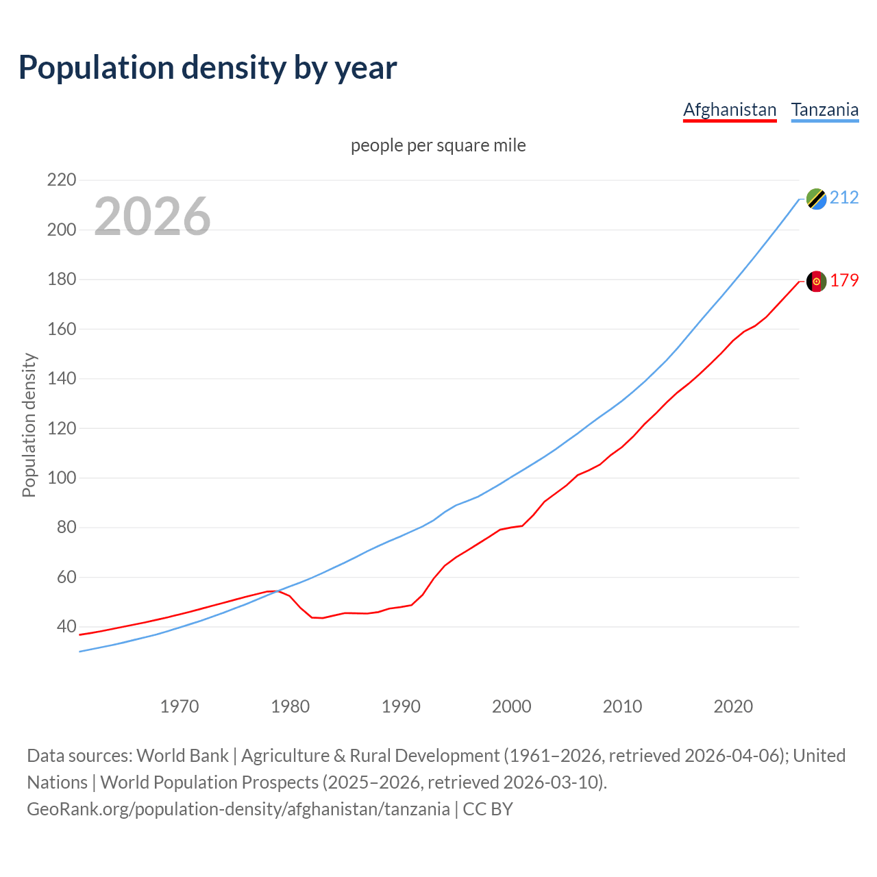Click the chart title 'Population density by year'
click(208, 68)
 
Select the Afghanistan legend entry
click(730, 110)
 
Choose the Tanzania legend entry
click(825, 110)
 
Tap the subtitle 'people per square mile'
click(438, 146)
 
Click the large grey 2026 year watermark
click(152, 217)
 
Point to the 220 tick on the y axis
click(62, 180)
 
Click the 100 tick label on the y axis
click(62, 478)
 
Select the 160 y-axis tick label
click(62, 329)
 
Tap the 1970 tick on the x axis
click(180, 706)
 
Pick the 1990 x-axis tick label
click(401, 706)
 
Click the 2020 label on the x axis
click(733, 706)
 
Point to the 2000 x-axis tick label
click(512, 706)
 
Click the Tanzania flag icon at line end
click(816, 199)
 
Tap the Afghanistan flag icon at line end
click(816, 282)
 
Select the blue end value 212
click(844, 198)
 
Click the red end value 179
click(844, 281)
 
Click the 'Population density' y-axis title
click(29, 425)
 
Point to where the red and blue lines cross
click(276, 591)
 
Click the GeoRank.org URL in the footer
click(238, 809)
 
